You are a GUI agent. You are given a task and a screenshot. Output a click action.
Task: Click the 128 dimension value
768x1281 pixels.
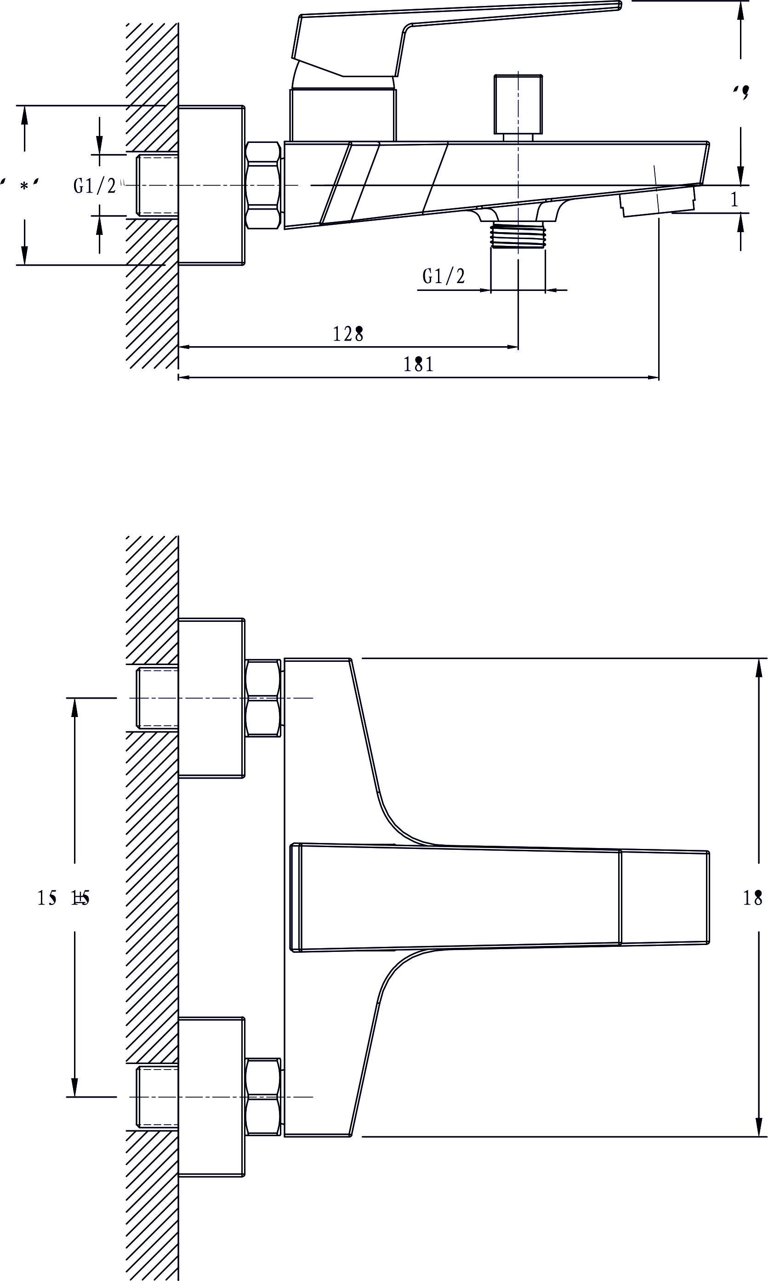348,334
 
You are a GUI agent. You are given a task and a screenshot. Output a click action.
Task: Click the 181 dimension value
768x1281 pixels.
418,365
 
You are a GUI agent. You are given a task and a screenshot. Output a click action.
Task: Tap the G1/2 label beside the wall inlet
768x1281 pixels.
95,185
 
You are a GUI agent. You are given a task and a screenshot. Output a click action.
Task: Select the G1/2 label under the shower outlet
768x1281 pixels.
444,276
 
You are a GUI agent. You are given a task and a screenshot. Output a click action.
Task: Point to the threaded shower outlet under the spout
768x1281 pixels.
518,235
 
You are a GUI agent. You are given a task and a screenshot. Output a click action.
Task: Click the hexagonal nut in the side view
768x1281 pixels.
263,185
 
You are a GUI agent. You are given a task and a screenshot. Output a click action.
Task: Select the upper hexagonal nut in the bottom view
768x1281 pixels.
263,698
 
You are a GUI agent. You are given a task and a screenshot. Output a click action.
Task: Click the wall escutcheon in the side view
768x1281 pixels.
210,185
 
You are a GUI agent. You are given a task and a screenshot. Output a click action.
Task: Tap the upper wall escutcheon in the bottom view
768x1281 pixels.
210,698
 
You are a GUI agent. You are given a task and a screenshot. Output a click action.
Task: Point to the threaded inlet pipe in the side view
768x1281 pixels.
157,185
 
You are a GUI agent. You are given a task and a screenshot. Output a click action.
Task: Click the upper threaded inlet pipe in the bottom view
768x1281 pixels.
157,698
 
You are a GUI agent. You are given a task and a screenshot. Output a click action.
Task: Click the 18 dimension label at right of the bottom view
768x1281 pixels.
752,898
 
